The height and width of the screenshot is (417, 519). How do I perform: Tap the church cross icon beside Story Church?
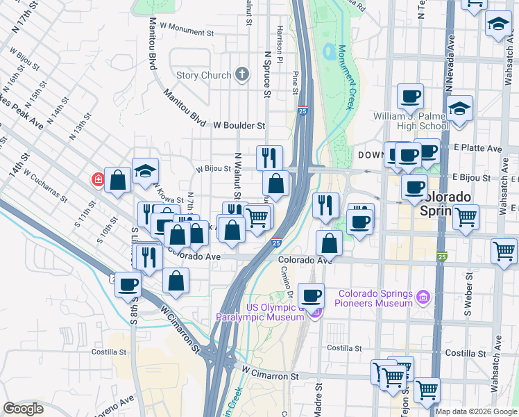241,74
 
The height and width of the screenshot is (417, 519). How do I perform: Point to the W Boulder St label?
239,126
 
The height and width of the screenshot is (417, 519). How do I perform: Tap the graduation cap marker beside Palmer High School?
459,109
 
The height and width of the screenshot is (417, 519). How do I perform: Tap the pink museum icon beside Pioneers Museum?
423,299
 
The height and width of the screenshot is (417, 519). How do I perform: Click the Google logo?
22,409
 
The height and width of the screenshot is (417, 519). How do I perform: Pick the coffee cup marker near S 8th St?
128,284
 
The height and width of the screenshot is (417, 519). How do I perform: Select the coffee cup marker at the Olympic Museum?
311,295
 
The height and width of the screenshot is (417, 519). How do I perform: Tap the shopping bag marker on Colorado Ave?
329,243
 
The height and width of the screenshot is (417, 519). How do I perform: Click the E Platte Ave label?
478,148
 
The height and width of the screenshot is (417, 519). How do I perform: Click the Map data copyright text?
476,411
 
